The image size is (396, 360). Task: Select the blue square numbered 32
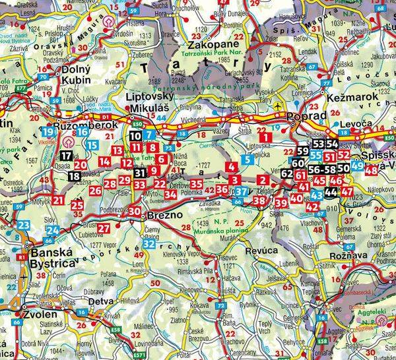[149, 244]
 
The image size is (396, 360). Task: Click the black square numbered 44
[331, 193]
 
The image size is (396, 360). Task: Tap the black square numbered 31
[139, 173]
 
